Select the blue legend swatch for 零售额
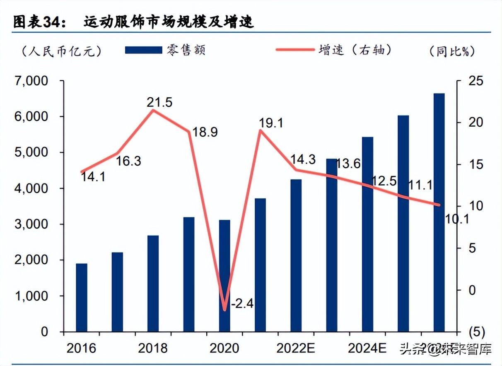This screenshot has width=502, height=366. coord(143,50)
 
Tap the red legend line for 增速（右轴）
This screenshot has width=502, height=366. coord(294,50)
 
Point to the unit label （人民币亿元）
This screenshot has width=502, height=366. coord(60,51)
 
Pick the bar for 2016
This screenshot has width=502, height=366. coord(82,297)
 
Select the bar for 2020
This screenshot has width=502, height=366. coord(224,276)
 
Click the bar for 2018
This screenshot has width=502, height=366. coord(153,284)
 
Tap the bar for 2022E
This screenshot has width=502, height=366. coord(296,255)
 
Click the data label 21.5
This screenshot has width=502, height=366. coord(159,102)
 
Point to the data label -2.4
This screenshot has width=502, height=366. coord(241,304)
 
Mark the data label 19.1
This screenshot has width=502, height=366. coord(271,123)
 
